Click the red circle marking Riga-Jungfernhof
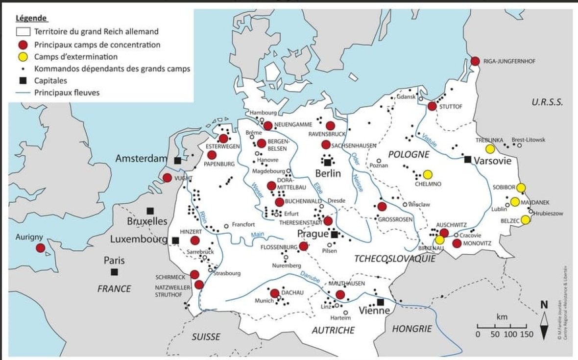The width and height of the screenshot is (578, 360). point(475,61)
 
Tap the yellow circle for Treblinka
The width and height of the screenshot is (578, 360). point(490,149)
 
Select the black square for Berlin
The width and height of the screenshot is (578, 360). point(327,163)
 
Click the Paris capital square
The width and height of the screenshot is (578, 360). point(114,272)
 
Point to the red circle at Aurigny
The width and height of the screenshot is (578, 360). point(40,248)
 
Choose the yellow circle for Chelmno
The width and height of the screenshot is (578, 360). point(428,174)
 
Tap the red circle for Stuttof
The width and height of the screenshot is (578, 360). point(432,106)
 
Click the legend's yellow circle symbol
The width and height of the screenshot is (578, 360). point(23,56)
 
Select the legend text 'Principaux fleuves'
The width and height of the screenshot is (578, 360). point(67,92)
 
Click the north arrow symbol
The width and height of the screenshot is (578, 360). point(544,323)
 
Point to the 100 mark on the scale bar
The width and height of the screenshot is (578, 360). point(510,335)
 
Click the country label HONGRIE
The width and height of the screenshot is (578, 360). point(412,329)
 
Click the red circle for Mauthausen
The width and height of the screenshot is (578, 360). point(340,294)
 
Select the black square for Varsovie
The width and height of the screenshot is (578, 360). point(468,159)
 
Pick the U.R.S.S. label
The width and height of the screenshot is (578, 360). point(548,102)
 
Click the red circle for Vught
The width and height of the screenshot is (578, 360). point(167,178)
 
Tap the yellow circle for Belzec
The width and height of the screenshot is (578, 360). point(525,220)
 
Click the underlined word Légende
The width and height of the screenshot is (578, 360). point(31,19)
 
